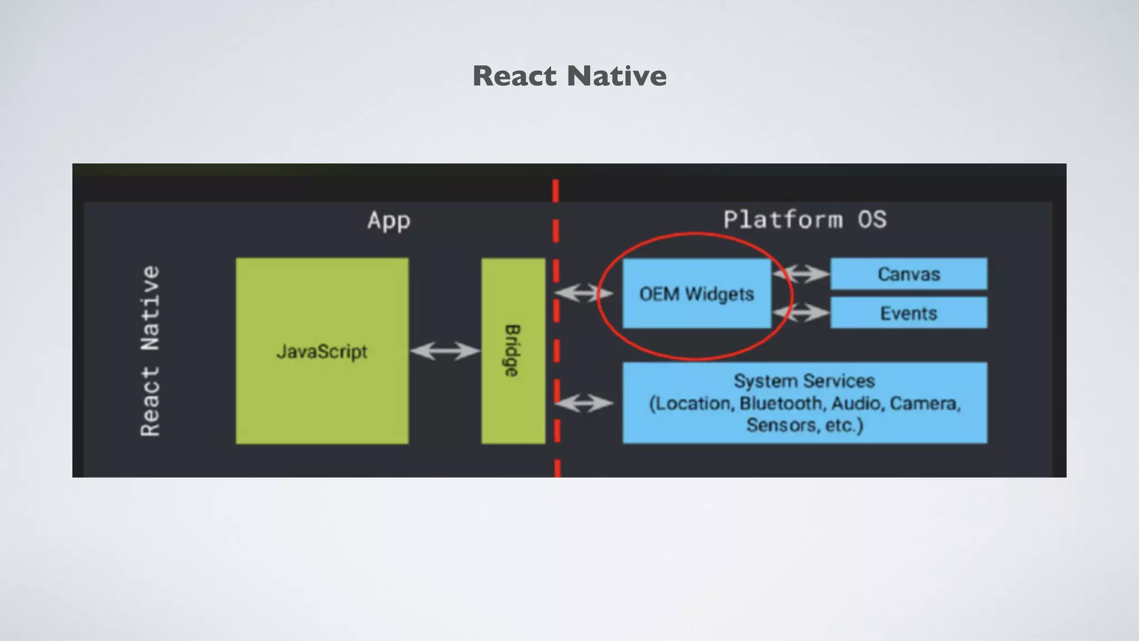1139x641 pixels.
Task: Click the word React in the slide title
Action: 514,76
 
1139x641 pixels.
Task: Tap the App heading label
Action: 389,220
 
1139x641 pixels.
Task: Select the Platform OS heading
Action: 805,219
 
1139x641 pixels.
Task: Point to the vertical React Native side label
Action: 150,351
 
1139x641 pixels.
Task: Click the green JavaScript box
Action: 322,351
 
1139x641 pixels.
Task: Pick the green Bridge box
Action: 513,351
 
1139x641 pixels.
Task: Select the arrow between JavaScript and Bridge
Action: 445,351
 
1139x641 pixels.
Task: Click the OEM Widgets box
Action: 696,293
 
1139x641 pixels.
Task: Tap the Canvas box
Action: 909,274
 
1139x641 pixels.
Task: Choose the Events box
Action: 909,313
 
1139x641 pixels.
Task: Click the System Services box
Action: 804,403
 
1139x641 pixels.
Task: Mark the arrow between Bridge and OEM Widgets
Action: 584,293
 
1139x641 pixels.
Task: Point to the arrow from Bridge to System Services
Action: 584,403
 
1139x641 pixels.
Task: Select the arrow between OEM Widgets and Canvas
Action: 801,273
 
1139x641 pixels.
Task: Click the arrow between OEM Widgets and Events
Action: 801,313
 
